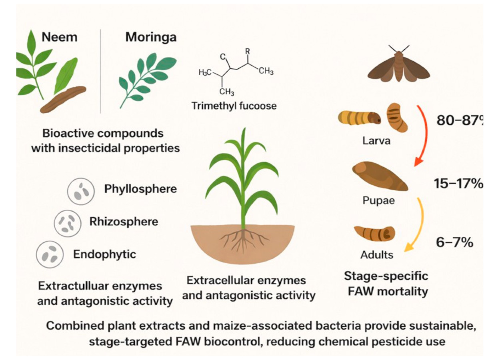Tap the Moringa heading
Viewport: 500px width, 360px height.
(151, 37)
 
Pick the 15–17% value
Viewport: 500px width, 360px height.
(458, 183)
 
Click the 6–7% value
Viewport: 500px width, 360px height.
(454, 242)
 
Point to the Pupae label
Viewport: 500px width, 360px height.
(378, 200)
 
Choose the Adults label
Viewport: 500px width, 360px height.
(376, 254)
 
